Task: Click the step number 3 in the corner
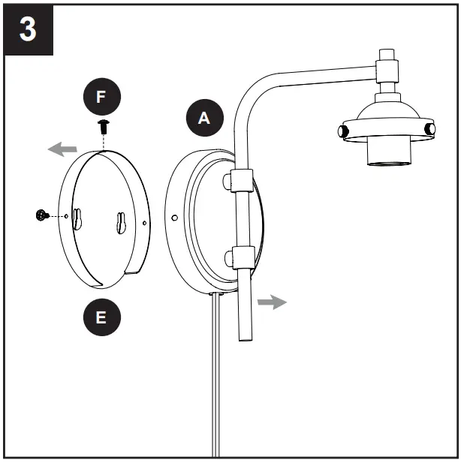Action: coord(29,31)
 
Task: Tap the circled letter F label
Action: coord(102,98)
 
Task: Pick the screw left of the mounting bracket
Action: coord(42,216)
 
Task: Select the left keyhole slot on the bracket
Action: coord(78,217)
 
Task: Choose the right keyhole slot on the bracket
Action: coord(122,223)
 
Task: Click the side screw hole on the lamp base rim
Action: coord(174,218)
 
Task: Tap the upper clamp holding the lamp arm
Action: coord(240,182)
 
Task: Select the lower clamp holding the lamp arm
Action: coord(240,257)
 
